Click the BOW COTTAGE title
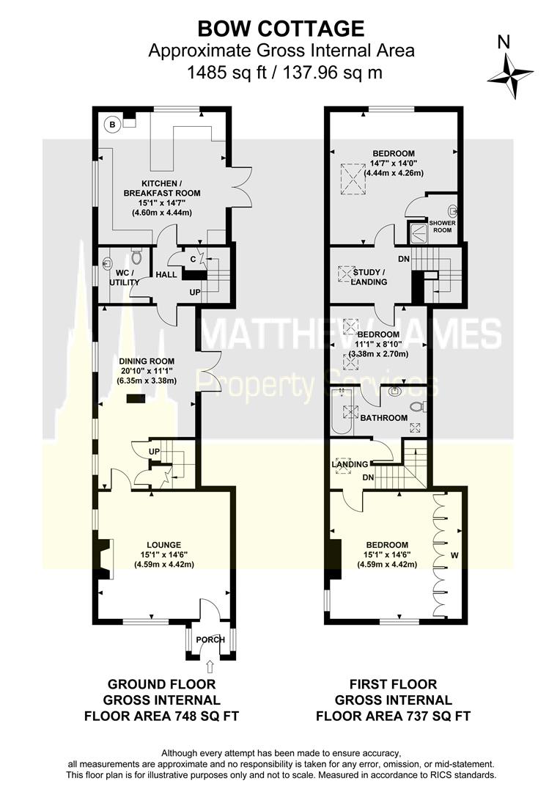pyautogui.click(x=281, y=29)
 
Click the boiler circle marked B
pyautogui.click(x=113, y=124)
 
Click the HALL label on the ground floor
pyautogui.click(x=166, y=274)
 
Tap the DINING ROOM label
pyautogui.click(x=147, y=361)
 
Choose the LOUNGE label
pyautogui.click(x=163, y=545)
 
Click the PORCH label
pyautogui.click(x=210, y=639)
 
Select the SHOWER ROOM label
pyautogui.click(x=442, y=227)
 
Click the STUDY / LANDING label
pyautogui.click(x=369, y=276)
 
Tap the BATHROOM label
pyautogui.click(x=384, y=418)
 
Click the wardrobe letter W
pyautogui.click(x=454, y=556)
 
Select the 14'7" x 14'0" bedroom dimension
pyautogui.click(x=394, y=163)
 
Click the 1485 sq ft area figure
pyautogui.click(x=226, y=73)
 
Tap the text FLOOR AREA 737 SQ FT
pyautogui.click(x=394, y=716)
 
